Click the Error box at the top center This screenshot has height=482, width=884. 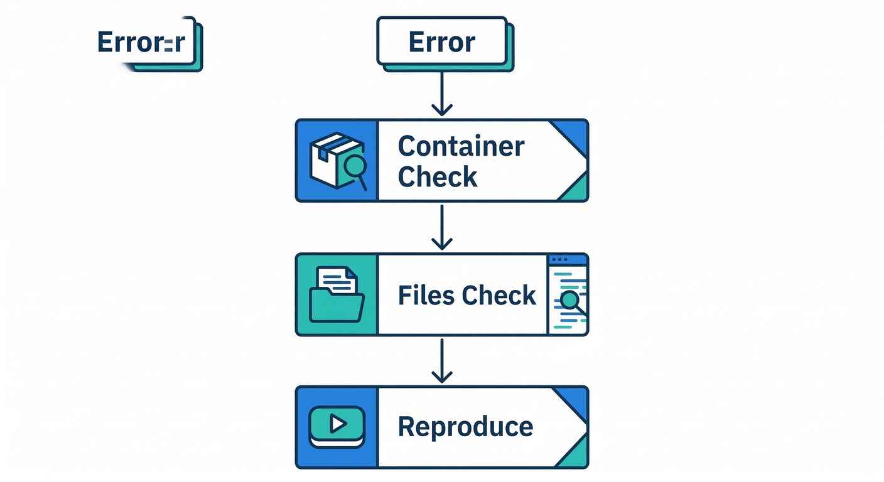(441, 42)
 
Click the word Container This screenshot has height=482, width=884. (461, 146)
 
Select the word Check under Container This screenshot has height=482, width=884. (438, 177)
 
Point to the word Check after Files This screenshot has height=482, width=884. (500, 295)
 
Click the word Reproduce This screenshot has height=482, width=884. (465, 427)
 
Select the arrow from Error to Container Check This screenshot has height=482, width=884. (442, 94)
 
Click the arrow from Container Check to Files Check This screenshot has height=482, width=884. (442, 227)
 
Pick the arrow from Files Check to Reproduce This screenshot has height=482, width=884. (442, 361)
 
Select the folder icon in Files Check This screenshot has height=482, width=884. (337, 304)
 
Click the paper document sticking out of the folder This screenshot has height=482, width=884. (336, 279)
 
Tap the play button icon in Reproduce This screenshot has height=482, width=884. (337, 425)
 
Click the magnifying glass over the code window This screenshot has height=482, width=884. (571, 301)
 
